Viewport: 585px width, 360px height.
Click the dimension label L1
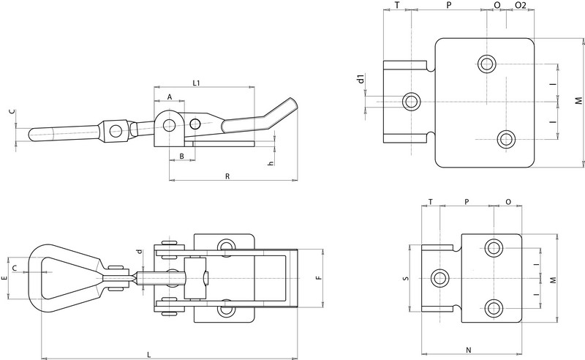pos(197,83)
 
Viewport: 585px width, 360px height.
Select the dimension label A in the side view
pos(169,97)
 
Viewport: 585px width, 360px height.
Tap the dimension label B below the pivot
pos(181,157)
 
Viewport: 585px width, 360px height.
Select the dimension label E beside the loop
pos(5,278)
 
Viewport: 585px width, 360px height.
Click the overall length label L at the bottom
pos(149,354)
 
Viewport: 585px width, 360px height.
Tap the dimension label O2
pos(520,6)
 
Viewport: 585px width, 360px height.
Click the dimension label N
pos(468,350)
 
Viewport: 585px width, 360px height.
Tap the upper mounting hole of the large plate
pos(486,63)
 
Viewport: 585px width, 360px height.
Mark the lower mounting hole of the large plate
pos(505,138)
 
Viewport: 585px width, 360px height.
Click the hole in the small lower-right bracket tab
pos(439,277)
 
